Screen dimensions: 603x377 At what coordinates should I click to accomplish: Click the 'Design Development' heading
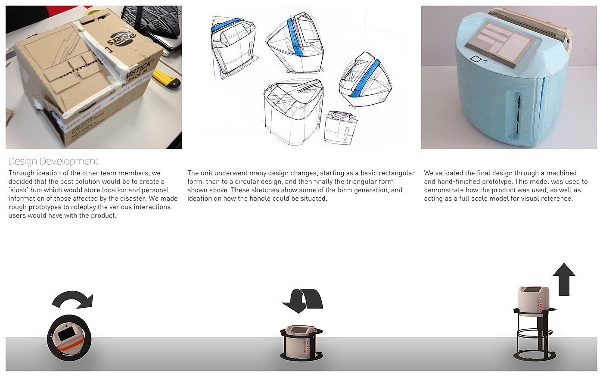point(53,161)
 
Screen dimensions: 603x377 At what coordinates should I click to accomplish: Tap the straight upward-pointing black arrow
point(564,280)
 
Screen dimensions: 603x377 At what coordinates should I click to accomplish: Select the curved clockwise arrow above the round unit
point(73,299)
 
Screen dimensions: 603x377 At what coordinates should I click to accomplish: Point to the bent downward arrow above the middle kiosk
point(302,301)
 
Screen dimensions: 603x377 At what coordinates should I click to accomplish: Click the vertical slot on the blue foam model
point(517,116)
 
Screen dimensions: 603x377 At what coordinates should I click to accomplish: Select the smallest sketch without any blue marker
point(341,128)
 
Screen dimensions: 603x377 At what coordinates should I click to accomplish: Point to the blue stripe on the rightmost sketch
point(366,78)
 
